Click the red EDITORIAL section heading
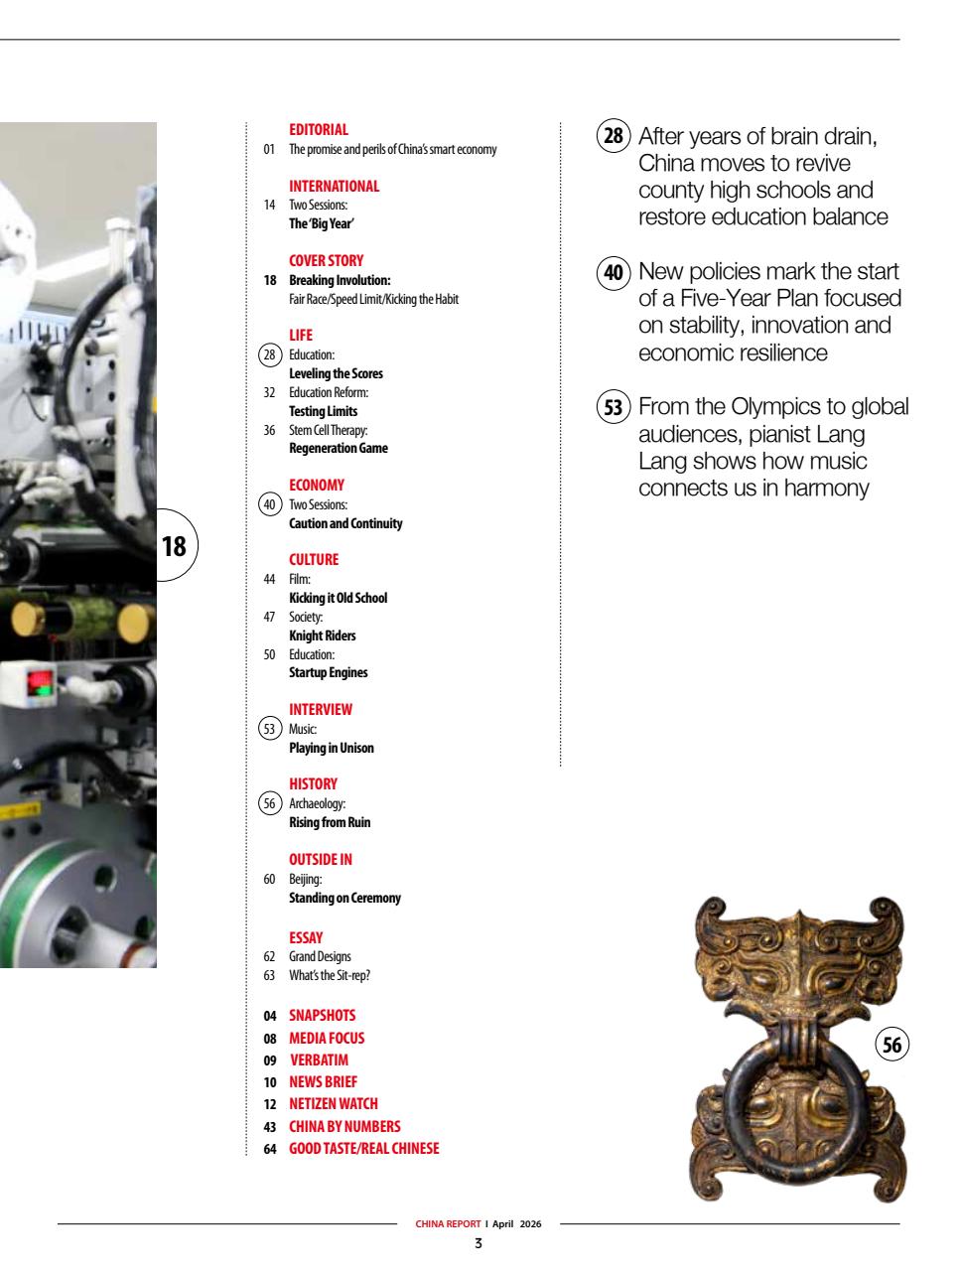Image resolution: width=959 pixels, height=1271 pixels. point(318,129)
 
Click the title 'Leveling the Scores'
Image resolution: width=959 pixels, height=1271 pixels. point(336,373)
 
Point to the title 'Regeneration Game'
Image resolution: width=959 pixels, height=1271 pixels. point(338,448)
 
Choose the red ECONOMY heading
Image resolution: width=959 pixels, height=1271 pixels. point(316,486)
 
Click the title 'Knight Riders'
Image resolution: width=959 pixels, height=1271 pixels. point(322,635)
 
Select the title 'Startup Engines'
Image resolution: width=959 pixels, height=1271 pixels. point(328,672)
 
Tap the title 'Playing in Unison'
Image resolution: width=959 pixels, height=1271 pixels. point(331,748)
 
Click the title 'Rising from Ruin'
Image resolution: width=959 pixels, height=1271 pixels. point(329,822)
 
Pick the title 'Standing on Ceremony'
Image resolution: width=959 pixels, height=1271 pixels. point(344,898)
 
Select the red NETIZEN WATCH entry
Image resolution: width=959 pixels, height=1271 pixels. point(333,1103)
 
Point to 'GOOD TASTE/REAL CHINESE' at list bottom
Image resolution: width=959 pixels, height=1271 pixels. point(363,1148)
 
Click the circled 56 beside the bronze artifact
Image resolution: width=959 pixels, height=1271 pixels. point(892,1045)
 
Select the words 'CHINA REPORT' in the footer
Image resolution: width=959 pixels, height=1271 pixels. point(448,1223)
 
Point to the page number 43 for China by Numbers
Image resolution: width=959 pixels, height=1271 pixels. point(269,1126)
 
